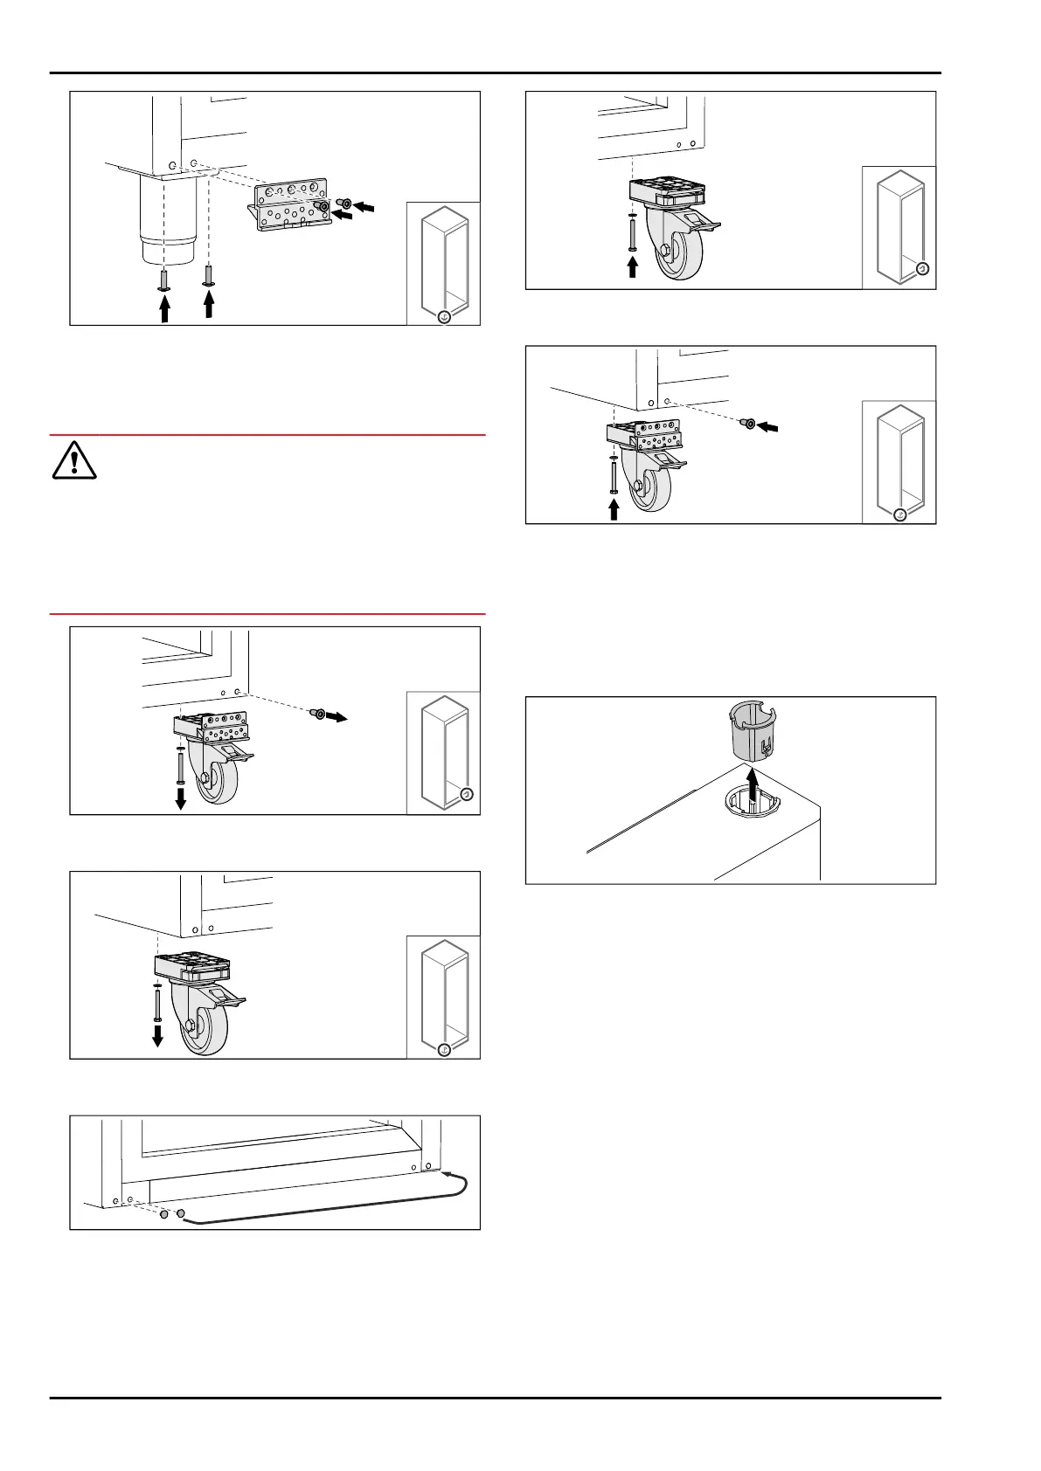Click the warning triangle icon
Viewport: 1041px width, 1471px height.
(x=74, y=461)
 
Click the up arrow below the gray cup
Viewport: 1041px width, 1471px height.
(x=749, y=780)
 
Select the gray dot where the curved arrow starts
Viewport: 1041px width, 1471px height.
(x=180, y=1214)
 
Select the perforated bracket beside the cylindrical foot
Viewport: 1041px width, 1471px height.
(x=289, y=210)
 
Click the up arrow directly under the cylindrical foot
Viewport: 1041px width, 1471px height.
(x=164, y=308)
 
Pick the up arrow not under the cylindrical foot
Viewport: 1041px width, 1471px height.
(x=208, y=304)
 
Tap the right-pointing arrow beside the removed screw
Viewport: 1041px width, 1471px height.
(x=337, y=717)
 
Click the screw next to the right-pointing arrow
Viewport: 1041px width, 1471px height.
(x=317, y=715)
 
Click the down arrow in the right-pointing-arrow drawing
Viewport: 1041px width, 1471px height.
(x=180, y=798)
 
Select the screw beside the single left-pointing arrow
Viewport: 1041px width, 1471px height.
(x=747, y=424)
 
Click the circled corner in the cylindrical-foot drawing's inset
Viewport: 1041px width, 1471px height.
(x=444, y=317)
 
